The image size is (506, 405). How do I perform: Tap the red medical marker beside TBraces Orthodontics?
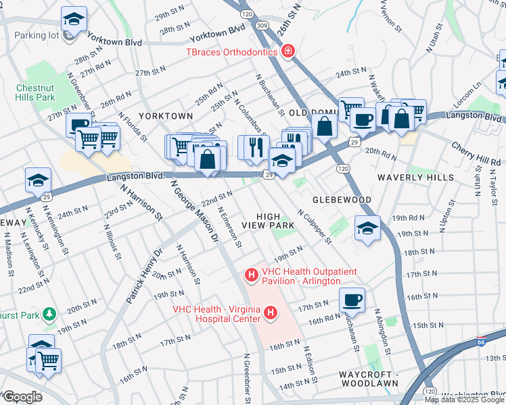(x=288, y=51)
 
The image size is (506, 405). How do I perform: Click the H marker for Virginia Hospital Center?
(x=271, y=313)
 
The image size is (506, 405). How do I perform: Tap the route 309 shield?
(x=262, y=26)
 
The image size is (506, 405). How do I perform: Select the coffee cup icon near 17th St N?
(x=351, y=298)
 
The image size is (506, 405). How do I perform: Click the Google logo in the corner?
(x=22, y=397)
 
